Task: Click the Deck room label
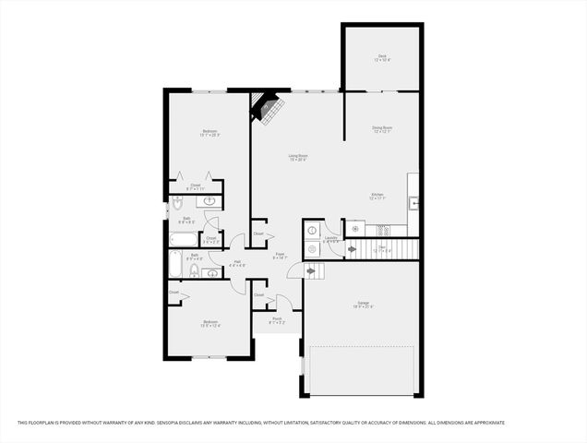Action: click(x=382, y=58)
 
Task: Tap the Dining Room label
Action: click(x=382, y=130)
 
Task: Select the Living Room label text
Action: click(x=297, y=158)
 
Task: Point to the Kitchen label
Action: click(x=377, y=197)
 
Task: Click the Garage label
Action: click(x=362, y=305)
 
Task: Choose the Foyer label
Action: click(x=280, y=256)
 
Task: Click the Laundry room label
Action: click(x=330, y=242)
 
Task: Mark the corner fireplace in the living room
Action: click(x=266, y=108)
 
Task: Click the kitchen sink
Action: click(x=415, y=201)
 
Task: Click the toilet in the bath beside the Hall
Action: click(x=195, y=271)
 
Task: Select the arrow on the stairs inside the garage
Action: click(x=312, y=270)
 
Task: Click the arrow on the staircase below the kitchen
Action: click(x=352, y=248)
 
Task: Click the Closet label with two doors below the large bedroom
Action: click(x=196, y=186)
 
